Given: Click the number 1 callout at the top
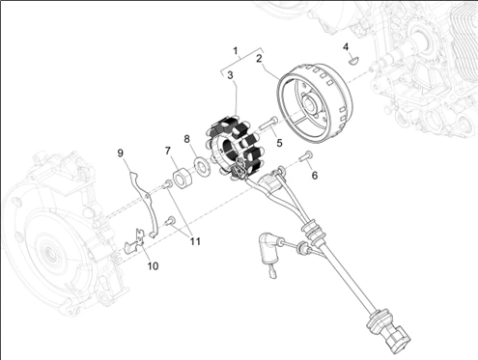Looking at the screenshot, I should tap(234, 48).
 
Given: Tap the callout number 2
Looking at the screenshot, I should tap(259, 59).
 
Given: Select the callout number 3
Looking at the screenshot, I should tap(230, 87).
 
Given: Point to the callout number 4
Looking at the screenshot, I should tap(345, 45).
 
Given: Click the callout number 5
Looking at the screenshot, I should tap(280, 144).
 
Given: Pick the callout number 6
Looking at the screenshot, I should tap(314, 175).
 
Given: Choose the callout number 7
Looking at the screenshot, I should tap(166, 151).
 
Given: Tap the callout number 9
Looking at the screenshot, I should tap(121, 152).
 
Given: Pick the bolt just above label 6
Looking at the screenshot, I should tap(306, 156).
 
